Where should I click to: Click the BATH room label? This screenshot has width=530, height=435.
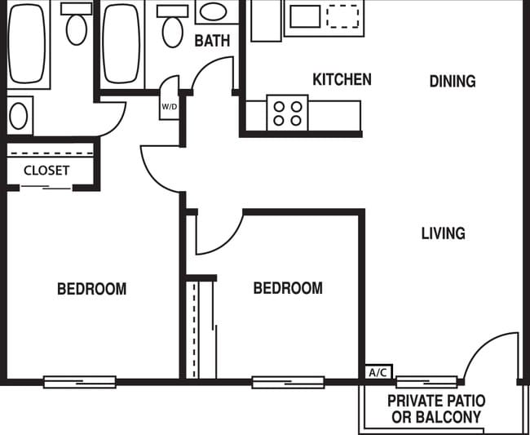click(x=212, y=40)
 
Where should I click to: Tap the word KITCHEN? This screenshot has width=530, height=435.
click(x=342, y=79)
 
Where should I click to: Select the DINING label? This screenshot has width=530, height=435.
click(x=452, y=81)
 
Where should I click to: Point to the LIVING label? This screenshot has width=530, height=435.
click(x=443, y=233)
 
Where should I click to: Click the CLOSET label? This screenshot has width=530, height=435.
click(x=46, y=171)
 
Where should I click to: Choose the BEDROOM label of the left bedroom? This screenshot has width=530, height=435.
click(x=91, y=289)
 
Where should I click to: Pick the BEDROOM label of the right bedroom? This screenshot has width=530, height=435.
click(x=287, y=288)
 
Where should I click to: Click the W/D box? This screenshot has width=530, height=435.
click(x=170, y=106)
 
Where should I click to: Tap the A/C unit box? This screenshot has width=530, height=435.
click(x=378, y=372)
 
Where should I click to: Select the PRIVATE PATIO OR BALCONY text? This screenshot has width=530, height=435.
click(x=435, y=409)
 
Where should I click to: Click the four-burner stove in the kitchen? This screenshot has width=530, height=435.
click(x=287, y=113)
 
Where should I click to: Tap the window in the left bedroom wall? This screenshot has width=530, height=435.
click(x=79, y=381)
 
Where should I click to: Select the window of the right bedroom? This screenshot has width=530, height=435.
click(x=288, y=381)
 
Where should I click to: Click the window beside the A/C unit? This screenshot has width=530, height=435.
click(x=426, y=380)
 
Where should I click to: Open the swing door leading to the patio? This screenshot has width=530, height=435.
click(x=492, y=357)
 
